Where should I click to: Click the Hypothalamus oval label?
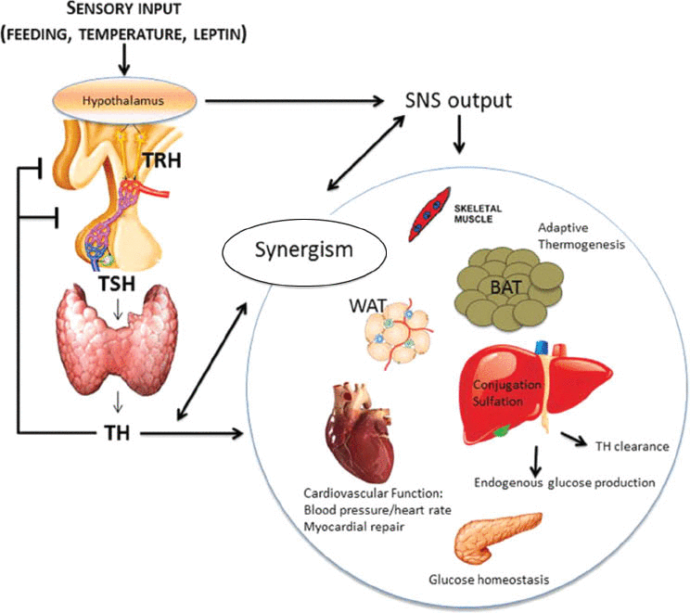122,101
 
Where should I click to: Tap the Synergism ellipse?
304,250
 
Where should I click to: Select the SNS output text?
458,101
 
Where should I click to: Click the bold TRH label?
162,160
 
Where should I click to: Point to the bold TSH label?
117,284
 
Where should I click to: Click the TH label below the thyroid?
117,433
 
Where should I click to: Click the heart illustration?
360,432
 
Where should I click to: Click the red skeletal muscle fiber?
429,214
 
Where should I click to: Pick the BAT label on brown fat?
505,287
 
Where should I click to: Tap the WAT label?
367,306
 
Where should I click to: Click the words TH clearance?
632,446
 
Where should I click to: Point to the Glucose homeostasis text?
489,579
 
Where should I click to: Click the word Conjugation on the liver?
507,385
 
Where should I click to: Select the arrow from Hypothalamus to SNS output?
294,101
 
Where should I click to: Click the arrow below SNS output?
459,134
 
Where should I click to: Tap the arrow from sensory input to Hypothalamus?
124,59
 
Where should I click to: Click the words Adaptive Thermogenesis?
581,236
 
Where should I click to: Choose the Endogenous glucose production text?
565,483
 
